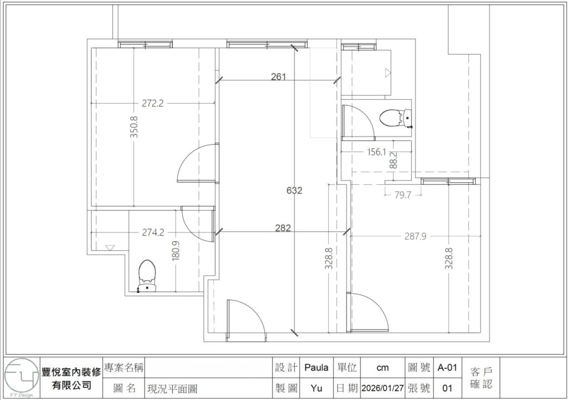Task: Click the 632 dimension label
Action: (x=295, y=190)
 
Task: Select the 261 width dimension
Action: (x=278, y=77)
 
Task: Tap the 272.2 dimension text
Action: (x=152, y=103)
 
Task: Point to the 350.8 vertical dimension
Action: (x=133, y=126)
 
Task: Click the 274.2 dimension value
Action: (x=153, y=233)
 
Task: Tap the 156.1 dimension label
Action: (x=377, y=151)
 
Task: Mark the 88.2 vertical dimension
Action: (x=393, y=160)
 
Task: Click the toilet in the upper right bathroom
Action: (x=396, y=118)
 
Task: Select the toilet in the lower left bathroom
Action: (x=147, y=275)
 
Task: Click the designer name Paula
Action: (x=317, y=367)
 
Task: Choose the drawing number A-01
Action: (x=447, y=367)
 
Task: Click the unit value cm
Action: (x=382, y=367)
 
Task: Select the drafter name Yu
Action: (x=317, y=387)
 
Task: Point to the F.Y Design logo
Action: (x=21, y=378)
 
